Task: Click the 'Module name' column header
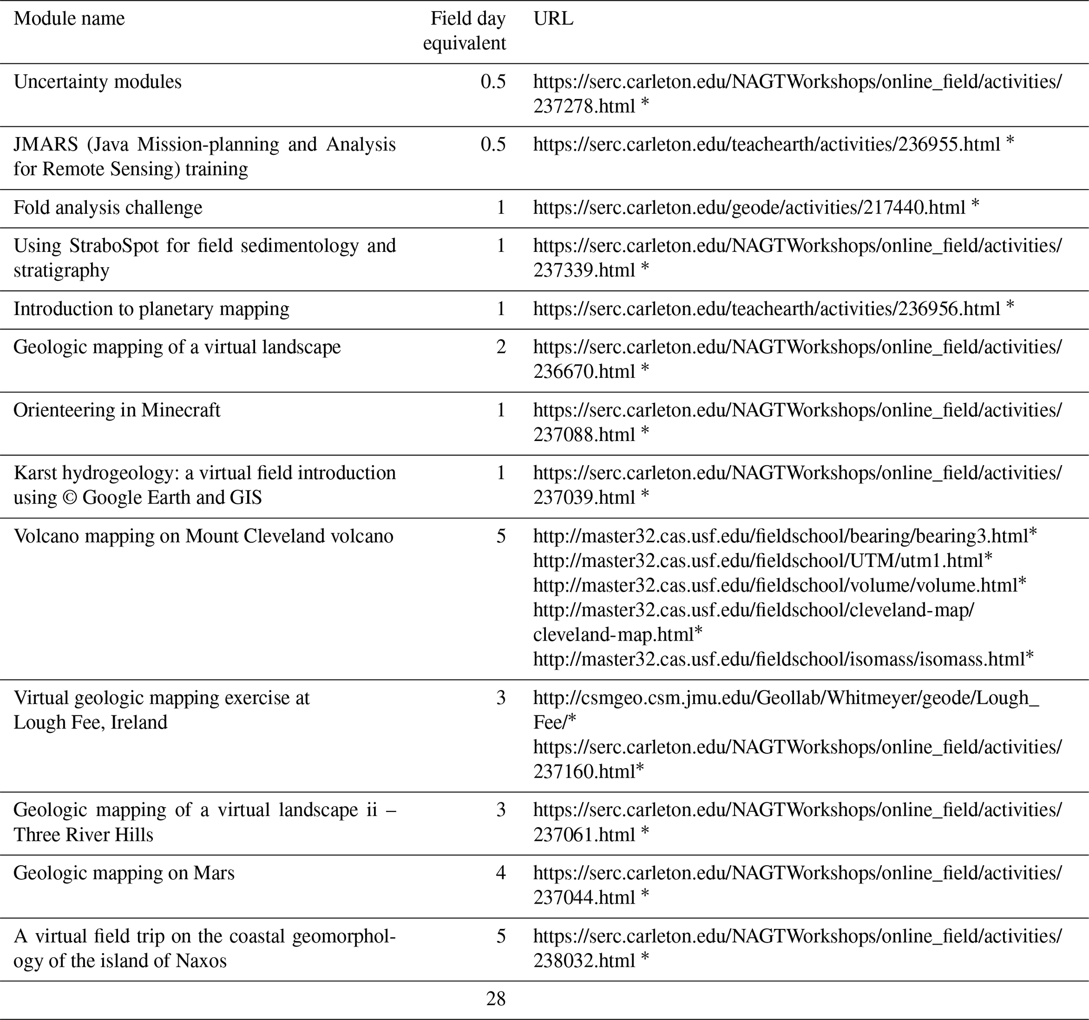point(69,18)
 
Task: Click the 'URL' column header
point(553,18)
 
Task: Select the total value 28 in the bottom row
point(495,999)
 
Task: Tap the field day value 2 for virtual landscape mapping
point(501,347)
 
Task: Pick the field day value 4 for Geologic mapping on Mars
point(501,872)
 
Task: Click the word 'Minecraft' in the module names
point(181,410)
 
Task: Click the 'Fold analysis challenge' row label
point(108,208)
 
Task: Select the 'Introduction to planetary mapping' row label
point(151,309)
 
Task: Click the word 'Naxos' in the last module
point(201,960)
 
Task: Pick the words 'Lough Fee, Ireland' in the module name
point(91,722)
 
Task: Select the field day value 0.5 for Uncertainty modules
point(493,82)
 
